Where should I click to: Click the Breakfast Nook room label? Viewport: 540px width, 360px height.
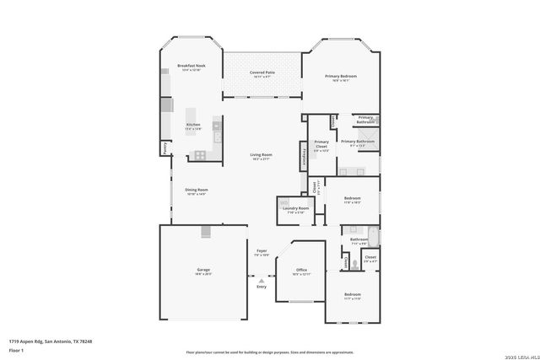tap(190, 65)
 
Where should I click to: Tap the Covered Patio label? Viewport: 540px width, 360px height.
tap(262, 73)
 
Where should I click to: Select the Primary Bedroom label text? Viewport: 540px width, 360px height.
tap(342, 77)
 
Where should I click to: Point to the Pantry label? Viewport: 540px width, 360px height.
tap(165, 148)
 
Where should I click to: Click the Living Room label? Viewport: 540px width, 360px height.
tap(261, 154)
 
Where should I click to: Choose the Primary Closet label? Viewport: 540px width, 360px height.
tap(321, 144)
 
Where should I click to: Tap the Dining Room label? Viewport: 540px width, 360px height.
tap(197, 190)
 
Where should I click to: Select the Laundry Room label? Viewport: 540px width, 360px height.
tap(295, 208)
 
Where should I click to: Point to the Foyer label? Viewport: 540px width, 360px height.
tap(262, 251)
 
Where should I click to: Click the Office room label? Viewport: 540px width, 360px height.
tap(301, 270)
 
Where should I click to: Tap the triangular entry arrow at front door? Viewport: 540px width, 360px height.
tap(261, 281)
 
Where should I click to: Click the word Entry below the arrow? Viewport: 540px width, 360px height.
tap(261, 288)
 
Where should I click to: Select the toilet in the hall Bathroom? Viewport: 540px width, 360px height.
tap(355, 263)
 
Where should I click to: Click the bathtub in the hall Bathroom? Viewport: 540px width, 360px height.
tap(372, 236)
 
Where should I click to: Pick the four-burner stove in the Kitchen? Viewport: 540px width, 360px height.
tap(201, 154)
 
